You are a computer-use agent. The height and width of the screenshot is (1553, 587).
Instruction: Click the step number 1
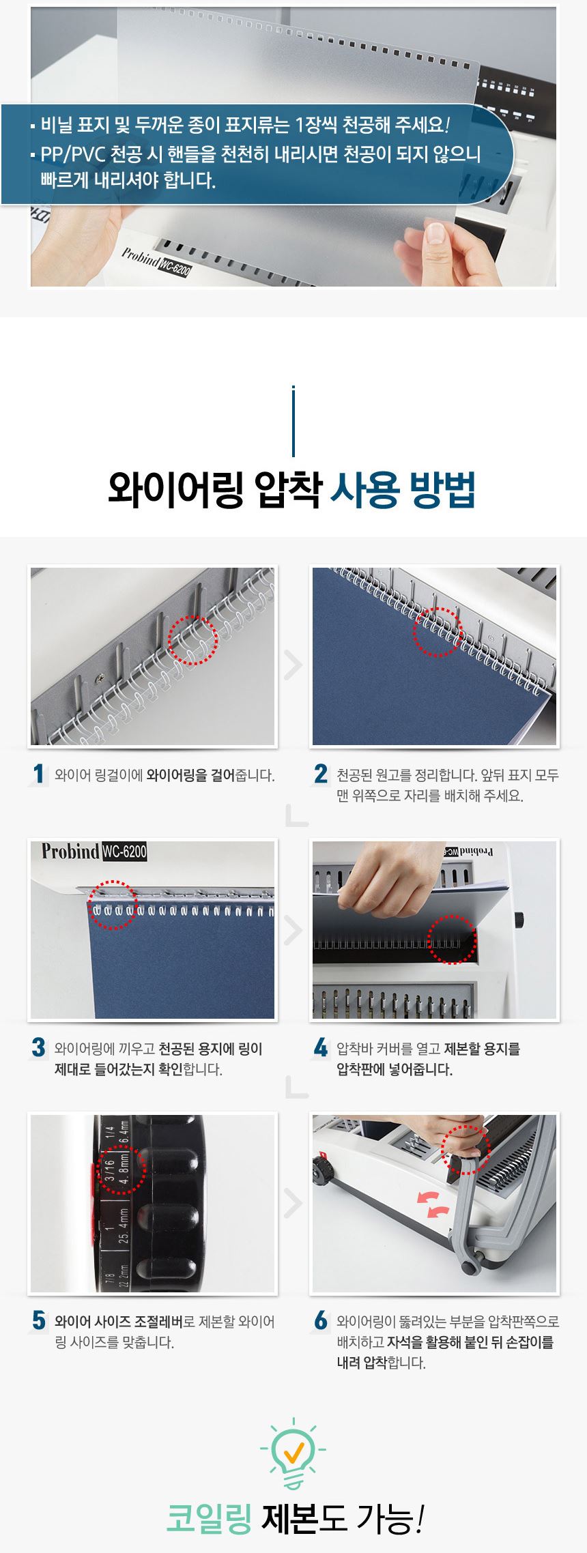[x=38, y=774]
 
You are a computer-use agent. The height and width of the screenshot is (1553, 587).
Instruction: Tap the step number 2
[x=321, y=774]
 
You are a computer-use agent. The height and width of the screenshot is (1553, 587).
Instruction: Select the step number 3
[x=38, y=1047]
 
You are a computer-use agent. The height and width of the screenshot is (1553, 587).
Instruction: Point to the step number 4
[x=321, y=1047]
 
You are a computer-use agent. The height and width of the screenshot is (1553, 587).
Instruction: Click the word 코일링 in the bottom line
[x=210, y=1520]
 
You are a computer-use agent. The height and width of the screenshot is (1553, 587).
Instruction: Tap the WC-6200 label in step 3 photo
[x=124, y=852]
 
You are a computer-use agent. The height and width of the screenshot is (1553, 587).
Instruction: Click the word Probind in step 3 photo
[x=70, y=852]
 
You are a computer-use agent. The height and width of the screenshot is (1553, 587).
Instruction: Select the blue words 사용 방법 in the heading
[x=402, y=490]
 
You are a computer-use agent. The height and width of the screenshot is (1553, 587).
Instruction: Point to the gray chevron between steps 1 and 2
[x=293, y=665]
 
